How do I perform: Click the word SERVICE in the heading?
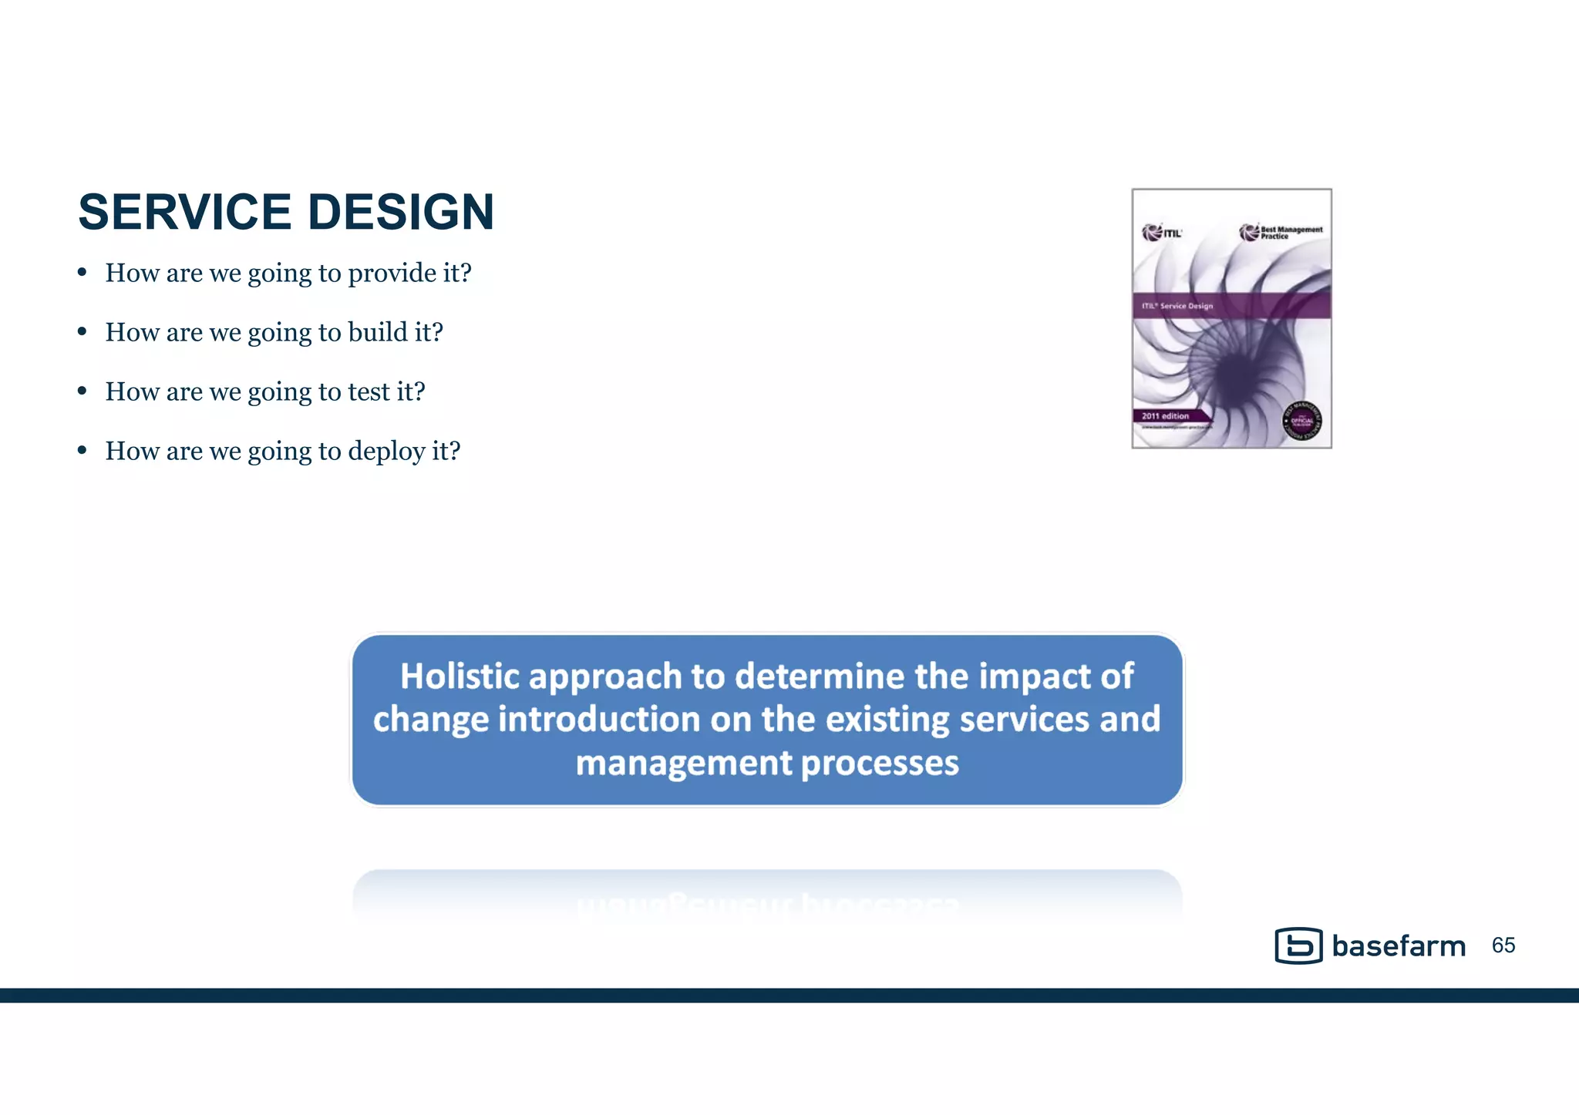tap(184, 212)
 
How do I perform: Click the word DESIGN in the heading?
tap(400, 212)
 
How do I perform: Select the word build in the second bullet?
tap(378, 332)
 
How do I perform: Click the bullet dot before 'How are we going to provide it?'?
tap(82, 272)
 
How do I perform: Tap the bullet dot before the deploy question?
tap(82, 450)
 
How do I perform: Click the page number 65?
tap(1503, 945)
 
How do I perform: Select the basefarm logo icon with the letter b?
tap(1298, 945)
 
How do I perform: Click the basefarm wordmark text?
tap(1399, 946)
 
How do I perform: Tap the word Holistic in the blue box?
tap(460, 676)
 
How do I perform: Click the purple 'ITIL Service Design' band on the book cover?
tap(1231, 306)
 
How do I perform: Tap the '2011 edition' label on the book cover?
tap(1165, 416)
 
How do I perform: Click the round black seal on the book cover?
tap(1301, 421)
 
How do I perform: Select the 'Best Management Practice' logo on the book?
tap(1281, 232)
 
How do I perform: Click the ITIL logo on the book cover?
tap(1161, 232)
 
